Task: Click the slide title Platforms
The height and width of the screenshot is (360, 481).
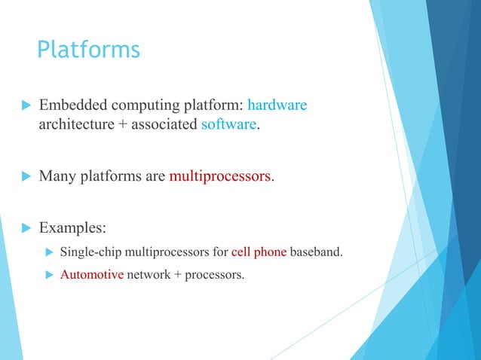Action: click(88, 50)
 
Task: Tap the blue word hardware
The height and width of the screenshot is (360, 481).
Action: click(277, 105)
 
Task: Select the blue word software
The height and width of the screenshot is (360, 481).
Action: click(228, 124)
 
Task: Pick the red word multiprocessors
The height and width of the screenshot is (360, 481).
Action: click(219, 177)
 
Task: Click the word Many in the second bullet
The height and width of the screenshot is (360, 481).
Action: click(57, 177)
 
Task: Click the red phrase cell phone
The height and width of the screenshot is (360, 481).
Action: click(259, 252)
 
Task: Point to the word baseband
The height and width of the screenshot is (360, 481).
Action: click(316, 252)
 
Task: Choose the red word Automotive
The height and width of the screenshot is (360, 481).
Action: click(91, 275)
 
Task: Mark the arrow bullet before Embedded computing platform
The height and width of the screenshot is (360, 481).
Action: click(25, 105)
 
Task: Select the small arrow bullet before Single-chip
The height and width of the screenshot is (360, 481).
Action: click(51, 252)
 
